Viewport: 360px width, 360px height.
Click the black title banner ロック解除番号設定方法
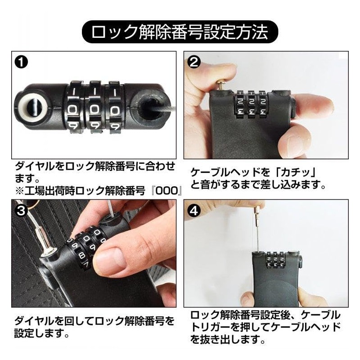pos(180,32)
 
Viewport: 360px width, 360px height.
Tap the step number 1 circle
pos(21,62)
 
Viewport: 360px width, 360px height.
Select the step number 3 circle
pos(21,210)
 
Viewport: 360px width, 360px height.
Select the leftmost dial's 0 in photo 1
pos(73,110)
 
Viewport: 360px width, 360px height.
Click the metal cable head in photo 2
pos(222,85)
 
